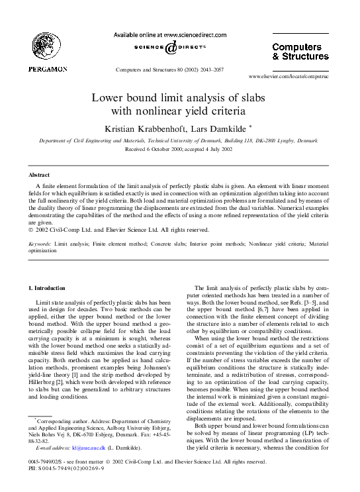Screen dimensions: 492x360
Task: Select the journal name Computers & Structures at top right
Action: (300, 52)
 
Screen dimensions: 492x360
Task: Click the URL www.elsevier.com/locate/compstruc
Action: (289, 76)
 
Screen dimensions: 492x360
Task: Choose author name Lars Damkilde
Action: (209, 128)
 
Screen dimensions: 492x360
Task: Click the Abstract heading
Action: (38, 175)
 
